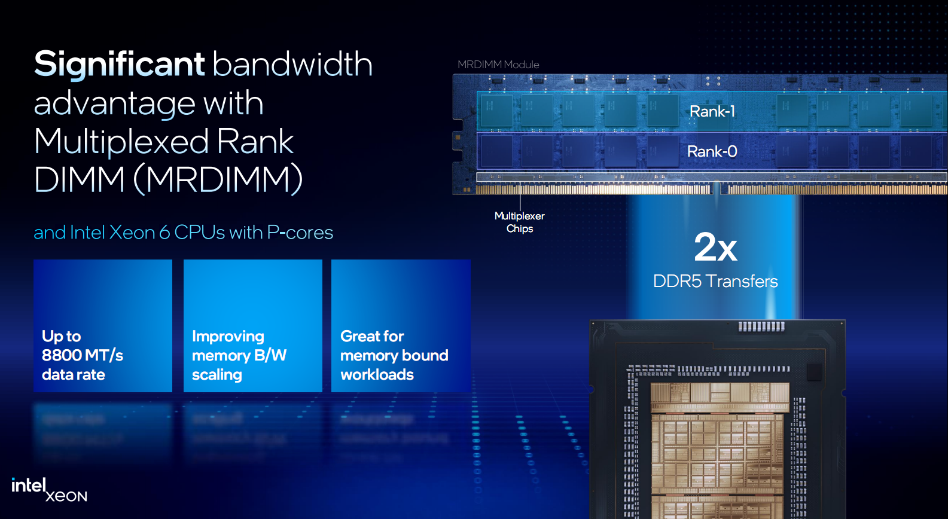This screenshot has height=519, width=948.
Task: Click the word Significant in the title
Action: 120,64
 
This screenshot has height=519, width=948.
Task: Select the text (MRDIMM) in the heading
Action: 218,180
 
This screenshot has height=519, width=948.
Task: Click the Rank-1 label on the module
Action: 712,111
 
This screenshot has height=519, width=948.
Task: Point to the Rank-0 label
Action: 712,151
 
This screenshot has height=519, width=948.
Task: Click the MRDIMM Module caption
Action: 498,65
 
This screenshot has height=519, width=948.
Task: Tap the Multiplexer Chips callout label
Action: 520,222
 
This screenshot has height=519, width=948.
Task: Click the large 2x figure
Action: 715,248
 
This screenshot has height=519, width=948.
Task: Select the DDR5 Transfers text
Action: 715,281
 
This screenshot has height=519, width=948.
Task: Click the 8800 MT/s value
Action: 82,355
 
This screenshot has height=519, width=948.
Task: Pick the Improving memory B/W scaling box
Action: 252,326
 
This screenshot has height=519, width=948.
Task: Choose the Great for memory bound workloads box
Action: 401,326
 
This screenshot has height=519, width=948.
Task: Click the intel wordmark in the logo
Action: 28,486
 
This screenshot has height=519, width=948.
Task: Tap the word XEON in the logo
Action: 66,496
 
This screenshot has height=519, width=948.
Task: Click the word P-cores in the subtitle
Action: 300,233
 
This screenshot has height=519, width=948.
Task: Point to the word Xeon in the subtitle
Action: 132,233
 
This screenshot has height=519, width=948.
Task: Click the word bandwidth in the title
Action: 292,64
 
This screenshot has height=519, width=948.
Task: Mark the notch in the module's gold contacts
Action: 717,189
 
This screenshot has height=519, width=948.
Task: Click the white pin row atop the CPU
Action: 761,326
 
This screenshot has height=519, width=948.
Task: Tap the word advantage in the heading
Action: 114,104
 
